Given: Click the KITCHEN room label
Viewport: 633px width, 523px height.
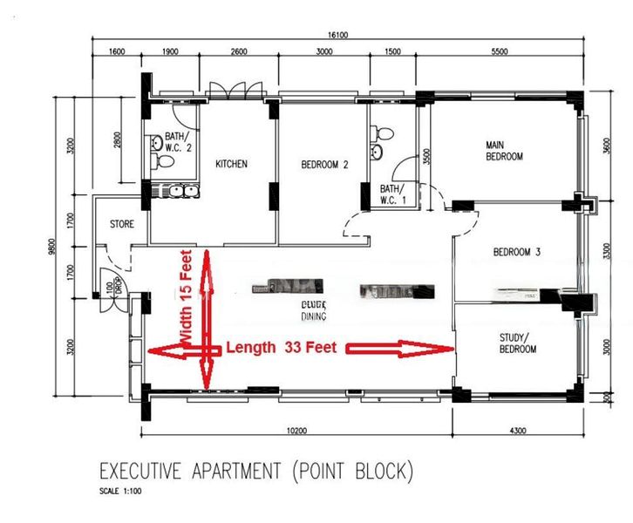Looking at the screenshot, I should click(x=231, y=164).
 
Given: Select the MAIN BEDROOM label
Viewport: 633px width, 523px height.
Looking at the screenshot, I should click(x=504, y=151).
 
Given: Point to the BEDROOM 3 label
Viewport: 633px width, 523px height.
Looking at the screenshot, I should click(x=517, y=252).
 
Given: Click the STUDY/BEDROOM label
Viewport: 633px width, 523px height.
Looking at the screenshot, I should click(x=517, y=343).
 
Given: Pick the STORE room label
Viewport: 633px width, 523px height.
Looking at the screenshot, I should click(x=121, y=224).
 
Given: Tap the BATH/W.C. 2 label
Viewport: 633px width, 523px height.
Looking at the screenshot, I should click(x=177, y=142).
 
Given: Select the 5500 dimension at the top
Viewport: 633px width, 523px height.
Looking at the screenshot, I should click(x=499, y=52).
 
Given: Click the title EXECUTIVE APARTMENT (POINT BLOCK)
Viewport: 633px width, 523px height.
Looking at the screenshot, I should click(x=255, y=472).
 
